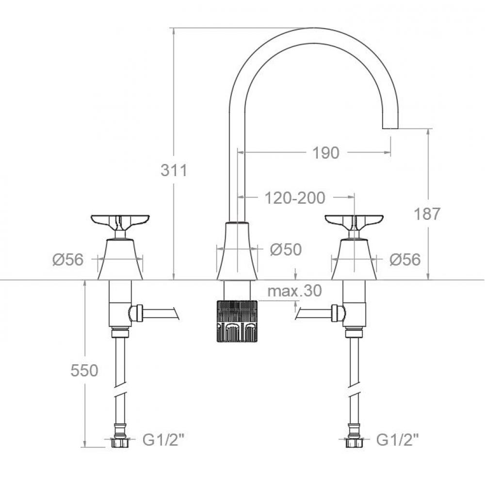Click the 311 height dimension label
pos(174,170)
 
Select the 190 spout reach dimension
pos(325,153)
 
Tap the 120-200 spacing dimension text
pos(295,197)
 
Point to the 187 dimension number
pos(427,214)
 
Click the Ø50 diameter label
pos(286,249)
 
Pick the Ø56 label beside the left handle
pos(68,259)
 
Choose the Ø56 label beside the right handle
pos(405,259)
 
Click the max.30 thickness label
pos(294,291)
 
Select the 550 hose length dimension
pos(84,370)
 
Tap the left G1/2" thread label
pos(163,440)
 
